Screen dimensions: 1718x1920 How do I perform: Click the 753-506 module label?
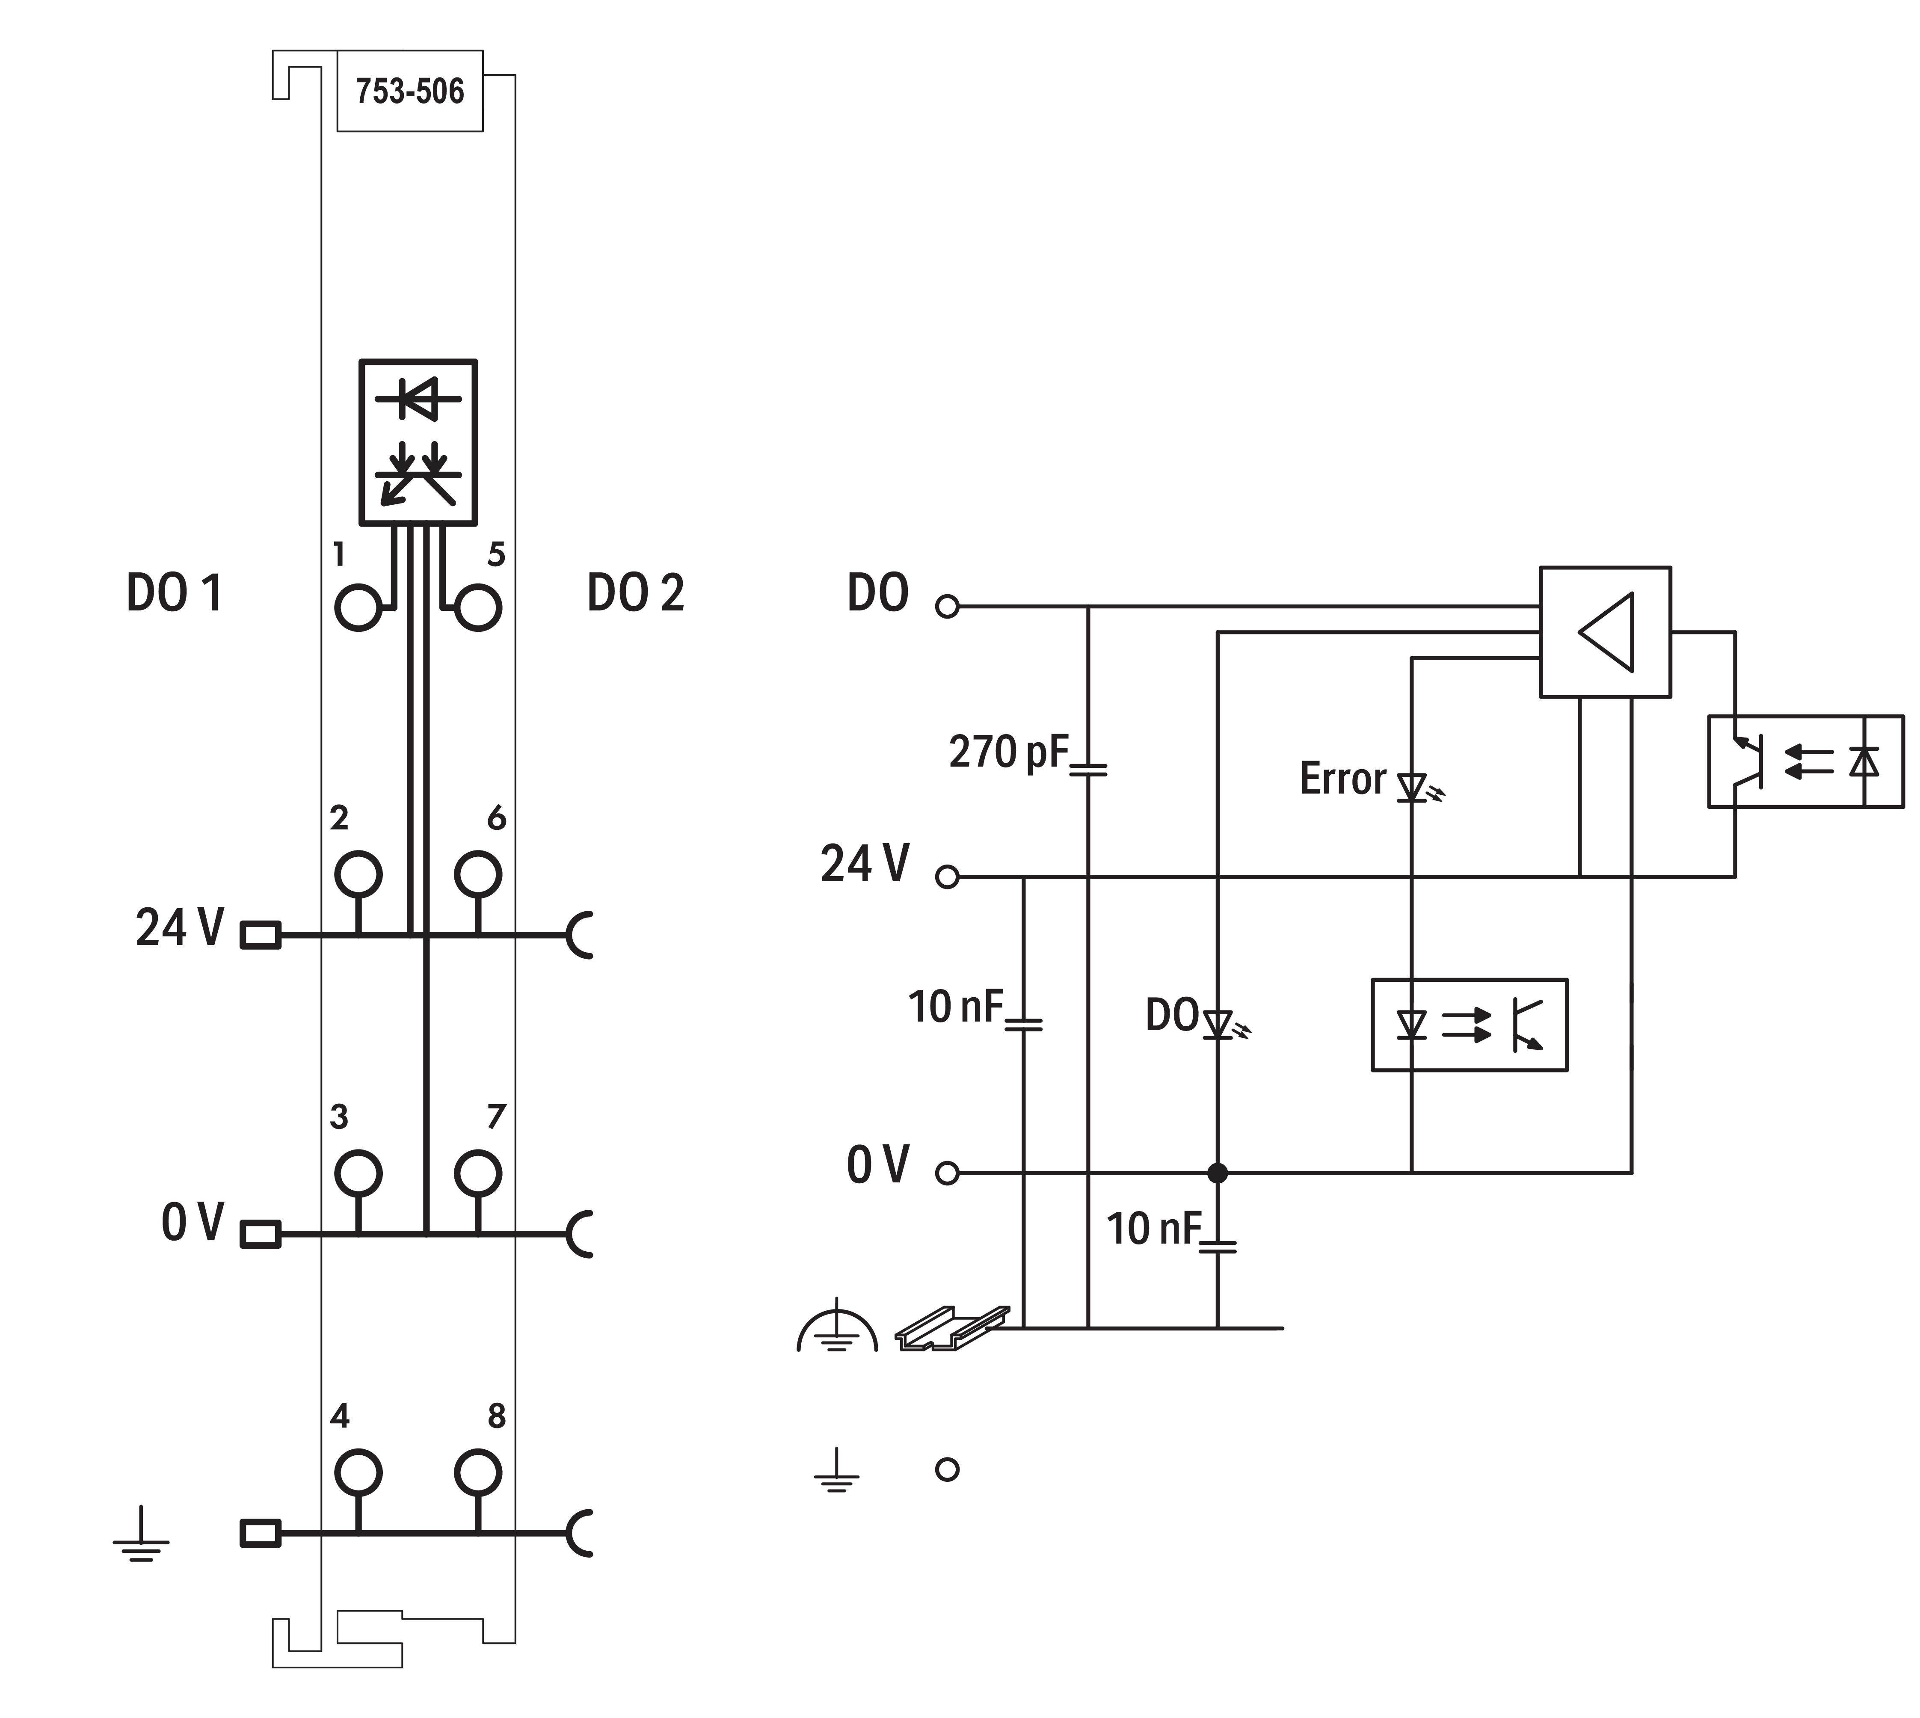click(410, 92)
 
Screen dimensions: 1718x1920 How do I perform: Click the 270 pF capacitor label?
click(1008, 752)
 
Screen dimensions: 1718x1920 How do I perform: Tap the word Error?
click(1342, 779)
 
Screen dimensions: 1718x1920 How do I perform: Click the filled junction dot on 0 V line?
click(1218, 1173)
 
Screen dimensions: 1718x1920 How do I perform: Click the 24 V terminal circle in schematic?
click(947, 877)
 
